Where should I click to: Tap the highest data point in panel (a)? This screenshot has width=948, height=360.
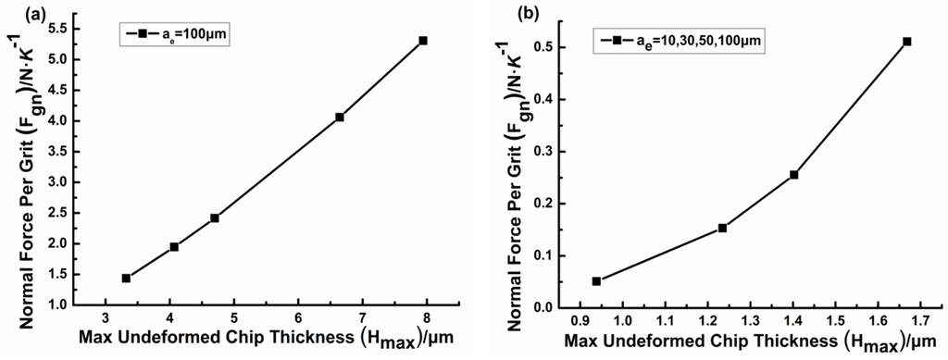click(x=423, y=41)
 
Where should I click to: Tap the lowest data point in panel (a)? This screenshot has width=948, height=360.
click(x=126, y=278)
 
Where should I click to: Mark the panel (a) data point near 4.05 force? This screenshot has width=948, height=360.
click(x=340, y=117)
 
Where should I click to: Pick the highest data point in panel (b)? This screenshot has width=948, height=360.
click(x=907, y=42)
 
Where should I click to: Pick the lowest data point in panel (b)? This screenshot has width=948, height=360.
click(x=596, y=281)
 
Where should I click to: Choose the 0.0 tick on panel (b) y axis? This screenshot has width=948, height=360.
click(x=568, y=308)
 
